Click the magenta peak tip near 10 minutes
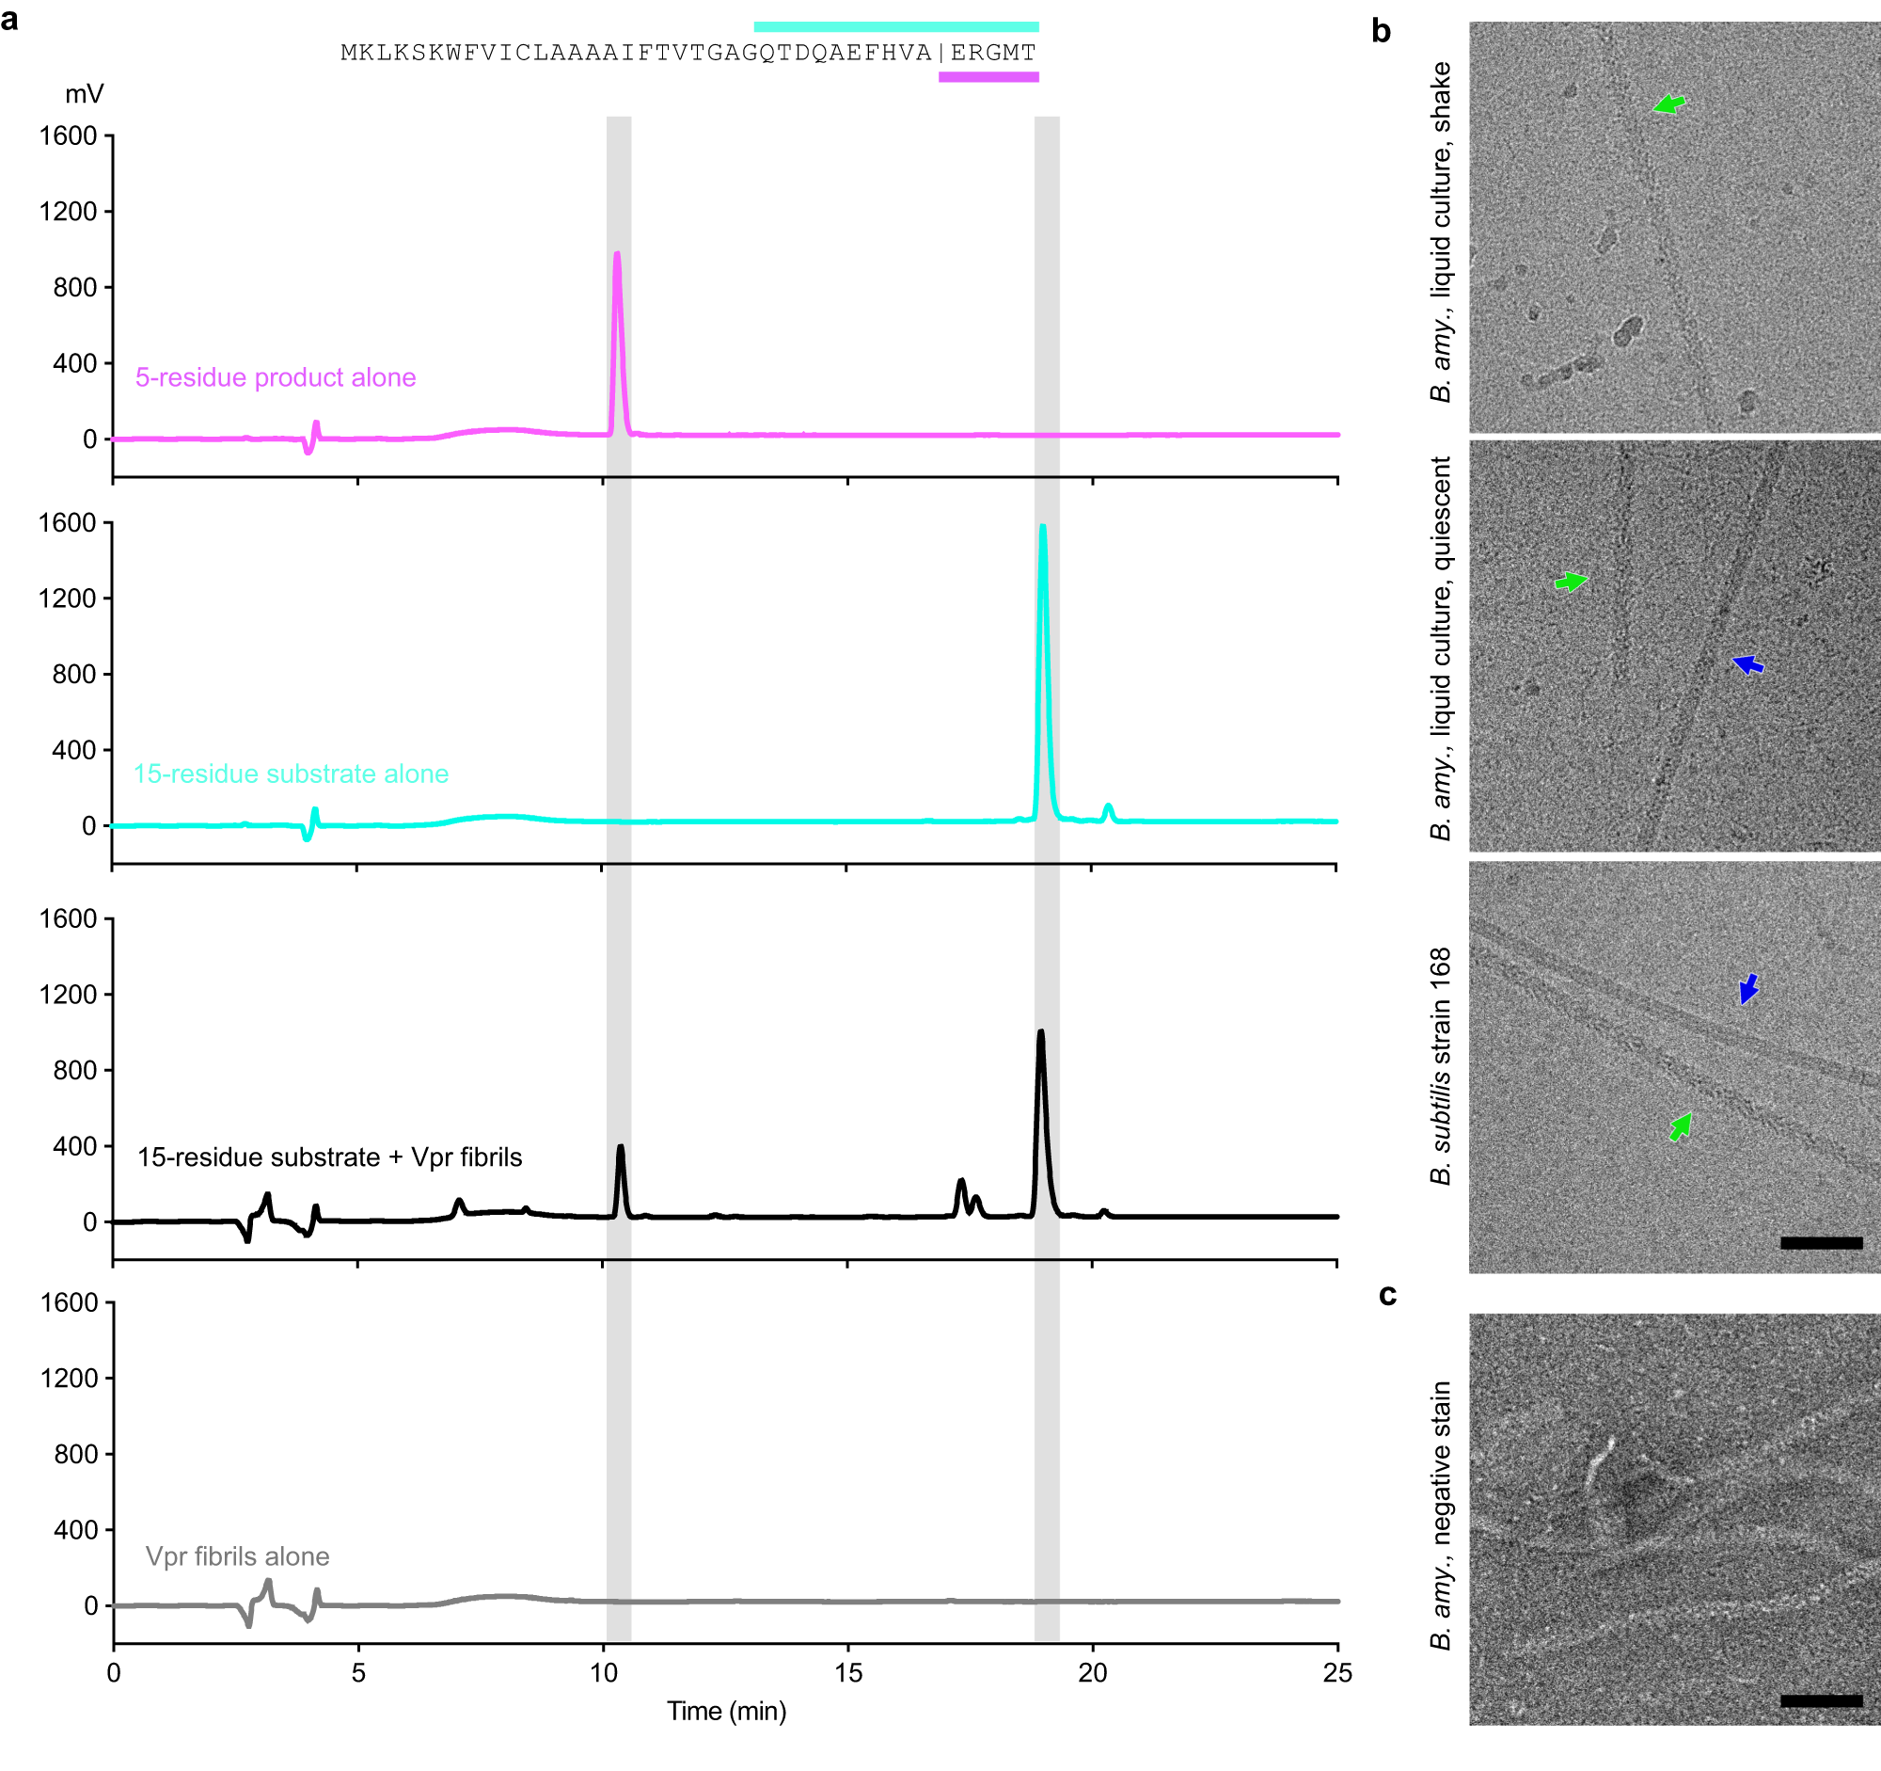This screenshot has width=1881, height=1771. [x=617, y=255]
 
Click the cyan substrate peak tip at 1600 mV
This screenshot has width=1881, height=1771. [x=1043, y=527]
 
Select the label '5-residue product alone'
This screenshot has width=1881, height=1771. [x=276, y=377]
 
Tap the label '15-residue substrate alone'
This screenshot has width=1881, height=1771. [x=291, y=774]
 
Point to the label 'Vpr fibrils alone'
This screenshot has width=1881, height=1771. [x=238, y=1556]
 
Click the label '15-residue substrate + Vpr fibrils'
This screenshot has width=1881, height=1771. [x=329, y=1157]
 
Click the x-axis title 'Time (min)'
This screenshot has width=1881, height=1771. [x=726, y=1712]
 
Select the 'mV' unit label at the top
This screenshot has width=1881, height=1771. [x=85, y=94]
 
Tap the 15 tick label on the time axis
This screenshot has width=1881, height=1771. [x=847, y=1673]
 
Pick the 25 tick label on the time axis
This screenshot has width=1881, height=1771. [x=1337, y=1673]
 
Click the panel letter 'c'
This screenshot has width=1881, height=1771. [x=1387, y=1294]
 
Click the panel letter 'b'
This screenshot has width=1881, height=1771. [x=1381, y=31]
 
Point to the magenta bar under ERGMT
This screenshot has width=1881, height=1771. [x=988, y=76]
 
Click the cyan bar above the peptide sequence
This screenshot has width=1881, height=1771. [x=896, y=26]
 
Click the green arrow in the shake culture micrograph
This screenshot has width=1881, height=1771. [x=1670, y=104]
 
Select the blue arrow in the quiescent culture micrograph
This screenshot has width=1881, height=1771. [x=1747, y=664]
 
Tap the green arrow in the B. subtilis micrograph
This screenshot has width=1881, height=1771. [x=1681, y=1126]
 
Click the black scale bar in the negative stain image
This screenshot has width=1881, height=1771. [x=1821, y=1701]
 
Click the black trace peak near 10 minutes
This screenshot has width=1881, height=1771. [x=621, y=1148]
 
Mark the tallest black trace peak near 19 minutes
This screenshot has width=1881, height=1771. [x=1041, y=1032]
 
